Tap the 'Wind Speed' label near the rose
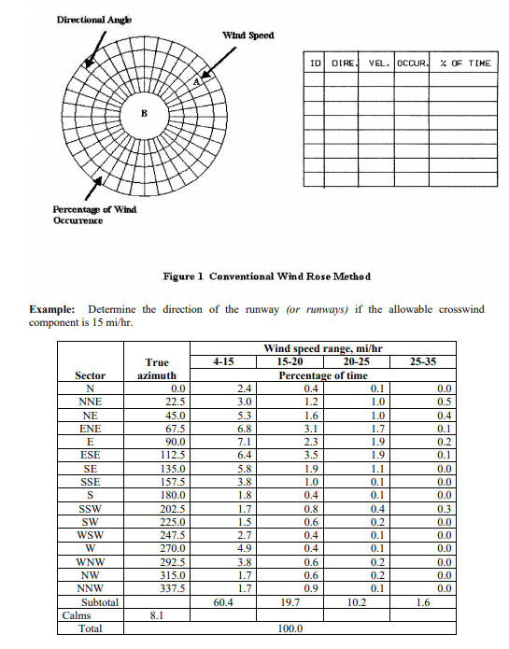247,35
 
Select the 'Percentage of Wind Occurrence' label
93,214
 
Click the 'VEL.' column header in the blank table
377,63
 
